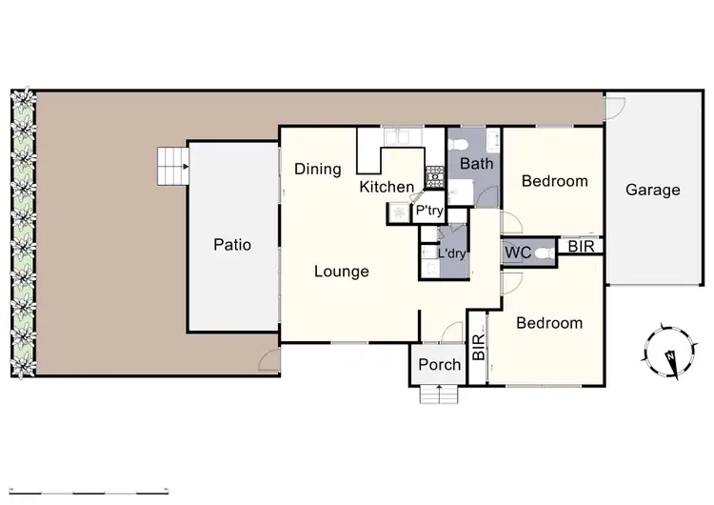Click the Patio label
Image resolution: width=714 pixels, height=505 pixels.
[232, 245]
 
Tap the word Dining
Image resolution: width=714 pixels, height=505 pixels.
[317, 170]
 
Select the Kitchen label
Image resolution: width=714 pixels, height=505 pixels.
[387, 188]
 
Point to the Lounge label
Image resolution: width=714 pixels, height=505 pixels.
[342, 272]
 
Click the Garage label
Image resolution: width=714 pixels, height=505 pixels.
[652, 190]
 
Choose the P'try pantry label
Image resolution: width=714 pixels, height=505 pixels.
[426, 211]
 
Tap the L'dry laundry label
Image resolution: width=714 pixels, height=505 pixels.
[450, 253]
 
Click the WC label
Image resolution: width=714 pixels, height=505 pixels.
[518, 253]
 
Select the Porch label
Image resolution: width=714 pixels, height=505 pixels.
[440, 364]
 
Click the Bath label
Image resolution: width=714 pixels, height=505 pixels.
[476, 164]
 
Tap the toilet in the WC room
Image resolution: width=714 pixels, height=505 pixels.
[544, 253]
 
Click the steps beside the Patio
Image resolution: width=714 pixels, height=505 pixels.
[172, 168]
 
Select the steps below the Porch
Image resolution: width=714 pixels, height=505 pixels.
[439, 393]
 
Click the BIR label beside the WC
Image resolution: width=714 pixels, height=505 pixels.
[580, 248]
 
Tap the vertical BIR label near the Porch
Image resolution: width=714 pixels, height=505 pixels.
[478, 345]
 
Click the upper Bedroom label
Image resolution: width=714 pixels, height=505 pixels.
[554, 181]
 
